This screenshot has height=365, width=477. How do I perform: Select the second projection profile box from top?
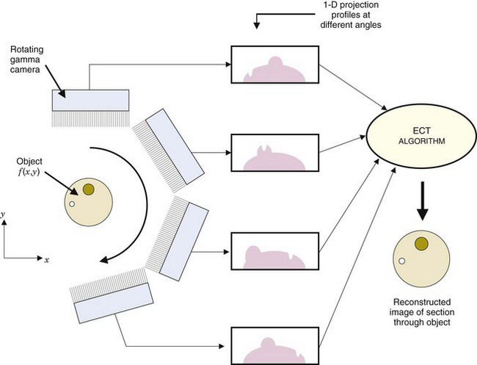coord(274,155)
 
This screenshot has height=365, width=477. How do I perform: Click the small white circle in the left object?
coord(72,204)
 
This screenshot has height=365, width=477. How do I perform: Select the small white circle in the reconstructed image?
coord(402,261)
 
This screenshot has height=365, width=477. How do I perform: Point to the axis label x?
coord(46,260)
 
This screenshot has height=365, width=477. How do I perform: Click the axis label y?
coord(4,213)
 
